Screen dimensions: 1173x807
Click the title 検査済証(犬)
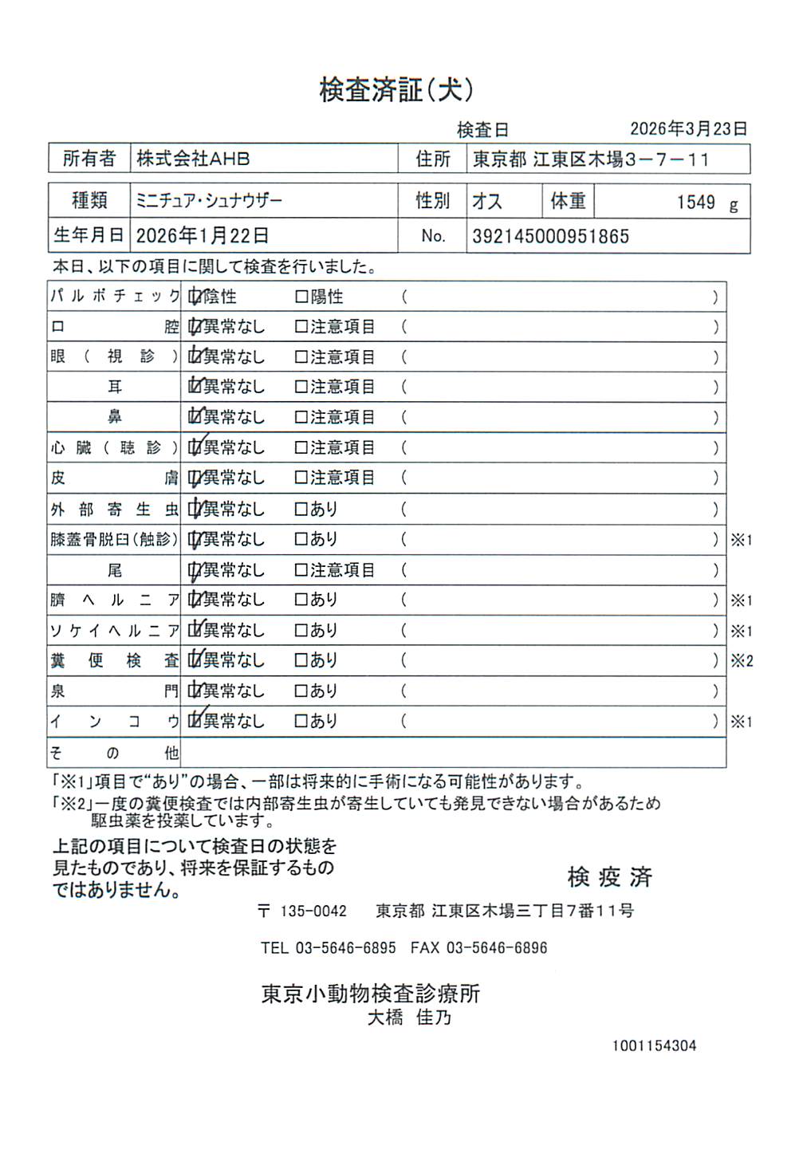(396, 89)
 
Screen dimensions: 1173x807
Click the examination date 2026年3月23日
(688, 128)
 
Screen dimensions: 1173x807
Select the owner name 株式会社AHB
(193, 159)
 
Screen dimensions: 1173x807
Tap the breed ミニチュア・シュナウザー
(209, 200)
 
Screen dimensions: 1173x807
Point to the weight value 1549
(695, 203)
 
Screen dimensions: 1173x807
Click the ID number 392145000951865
(550, 236)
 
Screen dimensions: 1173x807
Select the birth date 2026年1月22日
(202, 235)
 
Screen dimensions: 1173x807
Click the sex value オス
(487, 201)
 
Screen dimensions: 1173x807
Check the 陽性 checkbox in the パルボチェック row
(301, 297)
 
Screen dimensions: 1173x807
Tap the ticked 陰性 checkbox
(194, 297)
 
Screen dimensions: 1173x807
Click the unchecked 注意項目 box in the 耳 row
(301, 387)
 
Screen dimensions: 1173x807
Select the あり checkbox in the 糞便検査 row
(301, 660)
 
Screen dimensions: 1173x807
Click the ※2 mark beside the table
(742, 661)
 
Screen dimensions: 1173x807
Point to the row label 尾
(115, 570)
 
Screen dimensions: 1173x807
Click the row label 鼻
(115, 417)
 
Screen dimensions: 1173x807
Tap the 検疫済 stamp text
(610, 877)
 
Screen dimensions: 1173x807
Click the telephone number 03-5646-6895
(345, 948)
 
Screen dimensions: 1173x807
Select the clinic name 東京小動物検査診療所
(371, 994)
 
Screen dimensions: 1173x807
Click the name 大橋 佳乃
(409, 1018)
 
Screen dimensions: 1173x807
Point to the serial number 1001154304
(654, 1045)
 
